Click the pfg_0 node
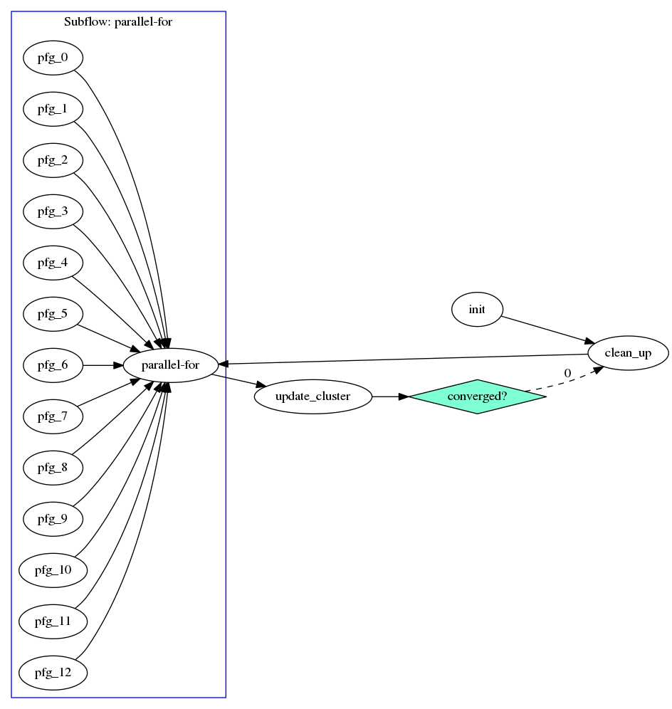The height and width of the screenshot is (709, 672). (x=53, y=58)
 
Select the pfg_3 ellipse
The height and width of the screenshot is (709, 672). (x=53, y=211)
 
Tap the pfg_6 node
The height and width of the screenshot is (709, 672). (x=53, y=365)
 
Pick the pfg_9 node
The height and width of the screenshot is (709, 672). (x=53, y=519)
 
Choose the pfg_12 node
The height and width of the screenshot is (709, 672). (x=53, y=673)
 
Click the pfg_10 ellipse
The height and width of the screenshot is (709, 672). (x=53, y=570)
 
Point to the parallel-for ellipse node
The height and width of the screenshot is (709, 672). (x=171, y=365)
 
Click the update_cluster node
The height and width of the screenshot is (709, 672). (x=313, y=396)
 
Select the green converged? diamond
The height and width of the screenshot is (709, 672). (x=477, y=396)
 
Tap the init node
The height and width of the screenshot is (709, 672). (x=477, y=310)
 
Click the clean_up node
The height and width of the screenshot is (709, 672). (x=628, y=353)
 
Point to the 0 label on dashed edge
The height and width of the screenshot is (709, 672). (x=567, y=373)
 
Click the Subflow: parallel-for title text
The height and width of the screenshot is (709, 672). (x=118, y=21)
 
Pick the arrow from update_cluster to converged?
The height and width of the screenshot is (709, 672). (x=390, y=396)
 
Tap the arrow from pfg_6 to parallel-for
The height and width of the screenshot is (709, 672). (x=103, y=365)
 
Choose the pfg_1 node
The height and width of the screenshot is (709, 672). (x=53, y=109)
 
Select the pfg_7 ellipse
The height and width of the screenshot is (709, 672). (x=53, y=416)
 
